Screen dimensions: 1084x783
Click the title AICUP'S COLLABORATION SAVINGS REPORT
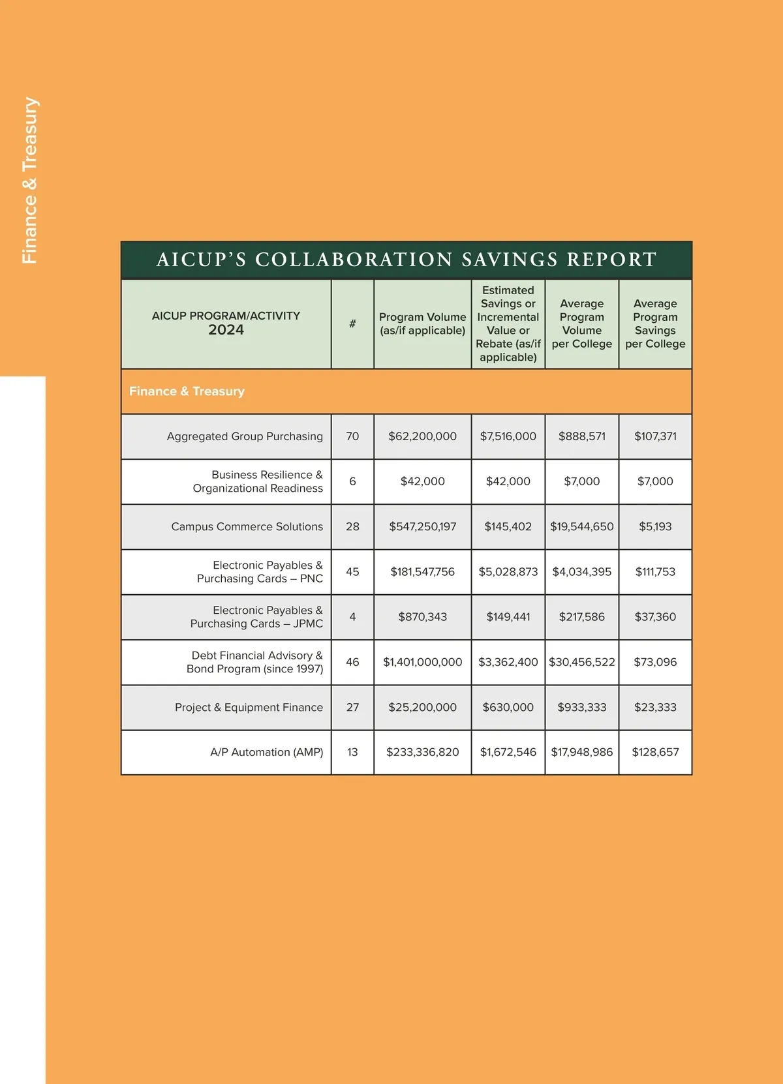pos(406,260)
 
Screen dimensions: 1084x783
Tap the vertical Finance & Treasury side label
pos(30,181)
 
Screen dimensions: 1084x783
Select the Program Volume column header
pos(422,324)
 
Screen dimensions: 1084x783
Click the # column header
pos(352,324)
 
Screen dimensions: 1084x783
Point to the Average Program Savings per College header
pos(655,324)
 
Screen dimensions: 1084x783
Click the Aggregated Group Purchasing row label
pos(245,436)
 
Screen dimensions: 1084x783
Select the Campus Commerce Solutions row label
pos(247,526)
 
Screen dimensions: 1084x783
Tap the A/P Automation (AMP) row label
pos(266,752)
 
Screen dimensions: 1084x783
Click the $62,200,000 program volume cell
pos(422,436)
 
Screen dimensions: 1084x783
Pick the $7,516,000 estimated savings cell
pos(508,436)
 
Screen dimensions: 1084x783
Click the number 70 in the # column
pos(352,436)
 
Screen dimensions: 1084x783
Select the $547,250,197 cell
pos(422,526)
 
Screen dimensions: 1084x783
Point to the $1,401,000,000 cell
pos(422,662)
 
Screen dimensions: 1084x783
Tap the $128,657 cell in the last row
pos(655,752)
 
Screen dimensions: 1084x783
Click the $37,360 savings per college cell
pos(655,617)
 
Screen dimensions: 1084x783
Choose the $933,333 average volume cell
pos(581,707)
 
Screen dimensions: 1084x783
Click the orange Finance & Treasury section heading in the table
pos(187,391)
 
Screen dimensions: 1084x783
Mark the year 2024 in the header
pos(226,330)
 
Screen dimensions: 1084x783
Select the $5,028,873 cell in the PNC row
pos(508,572)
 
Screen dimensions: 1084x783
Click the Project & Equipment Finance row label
pos(249,707)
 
